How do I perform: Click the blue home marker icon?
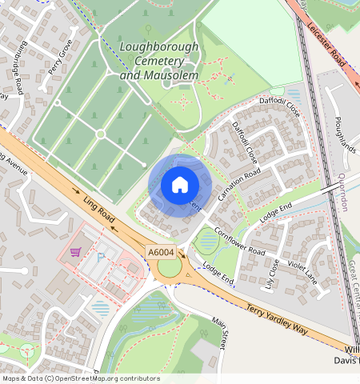click(x=180, y=185)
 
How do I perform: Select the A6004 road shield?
click(x=161, y=252)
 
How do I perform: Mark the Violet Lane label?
click(x=301, y=273)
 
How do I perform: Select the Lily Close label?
click(x=271, y=272)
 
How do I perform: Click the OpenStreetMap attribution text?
click(x=80, y=378)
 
